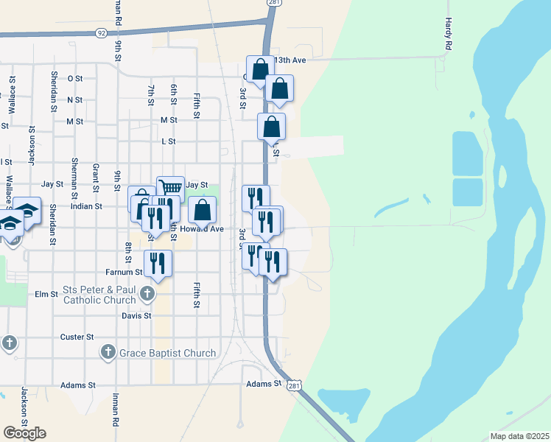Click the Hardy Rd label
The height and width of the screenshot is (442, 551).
[x=448, y=35]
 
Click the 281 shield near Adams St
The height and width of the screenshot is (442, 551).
[x=295, y=386]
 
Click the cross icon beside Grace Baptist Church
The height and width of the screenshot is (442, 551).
[x=108, y=352]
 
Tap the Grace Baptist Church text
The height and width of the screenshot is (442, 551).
[x=169, y=353]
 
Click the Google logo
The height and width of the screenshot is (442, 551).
[x=24, y=432]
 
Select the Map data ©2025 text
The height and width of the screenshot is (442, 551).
[x=519, y=436]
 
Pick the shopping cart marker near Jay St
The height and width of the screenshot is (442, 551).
[x=170, y=189]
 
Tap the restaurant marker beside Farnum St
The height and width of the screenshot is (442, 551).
[x=158, y=262]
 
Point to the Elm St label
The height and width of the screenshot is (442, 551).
[x=46, y=294]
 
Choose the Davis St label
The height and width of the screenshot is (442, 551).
[x=136, y=315]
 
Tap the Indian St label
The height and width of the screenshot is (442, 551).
[x=85, y=206]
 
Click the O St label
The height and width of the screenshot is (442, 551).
[x=74, y=78]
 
